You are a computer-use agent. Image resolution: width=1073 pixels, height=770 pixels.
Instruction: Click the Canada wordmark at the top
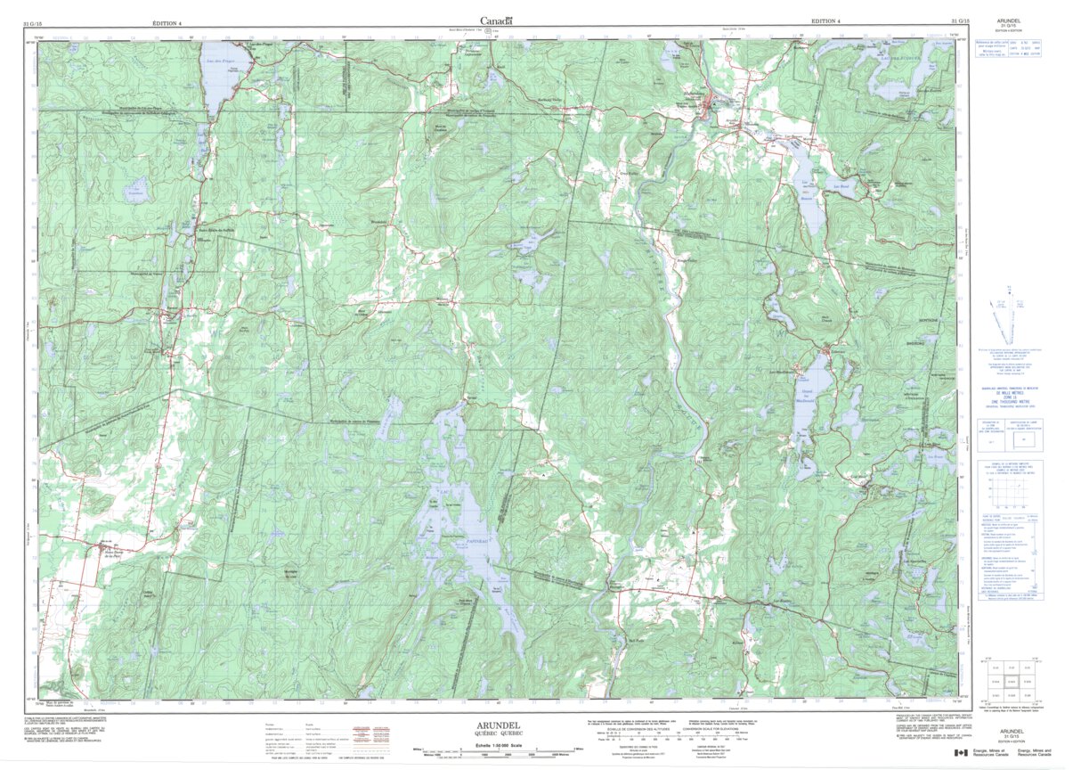click(x=496, y=20)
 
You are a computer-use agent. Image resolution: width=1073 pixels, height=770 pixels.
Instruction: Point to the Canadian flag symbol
click(x=960, y=754)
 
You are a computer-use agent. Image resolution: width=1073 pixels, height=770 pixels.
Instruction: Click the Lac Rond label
click(x=838, y=186)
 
